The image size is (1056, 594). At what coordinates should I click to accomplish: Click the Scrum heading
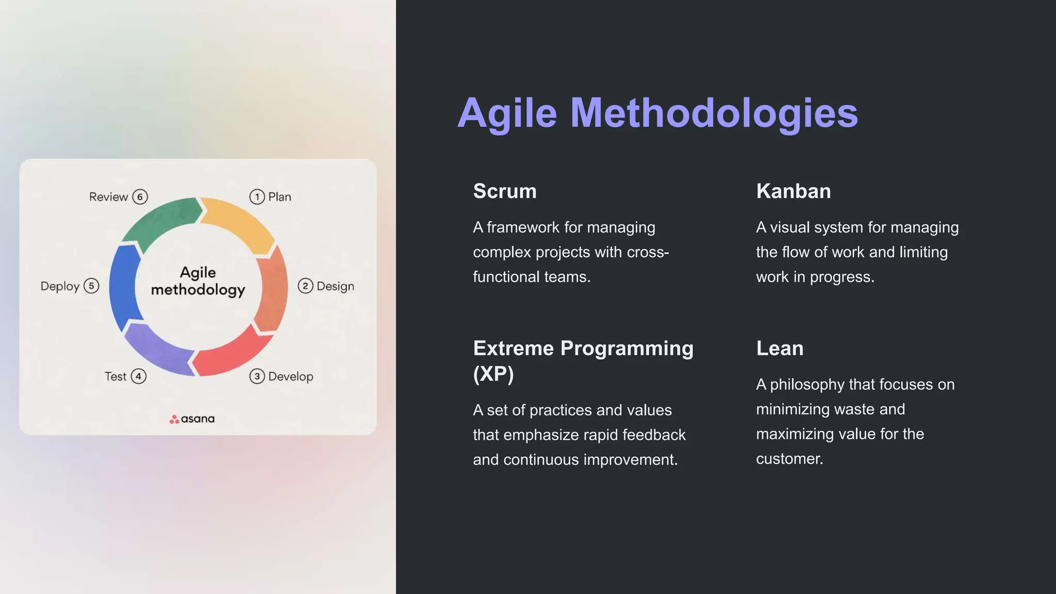(504, 191)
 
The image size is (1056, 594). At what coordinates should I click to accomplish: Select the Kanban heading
(793, 191)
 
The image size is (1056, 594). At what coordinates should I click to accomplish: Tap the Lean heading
(779, 349)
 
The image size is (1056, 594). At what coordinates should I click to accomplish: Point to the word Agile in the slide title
(507, 113)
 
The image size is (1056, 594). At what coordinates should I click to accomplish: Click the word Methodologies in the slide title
(714, 113)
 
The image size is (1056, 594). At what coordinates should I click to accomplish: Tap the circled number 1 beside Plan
(257, 197)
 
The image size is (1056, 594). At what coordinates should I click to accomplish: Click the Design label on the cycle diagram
(335, 286)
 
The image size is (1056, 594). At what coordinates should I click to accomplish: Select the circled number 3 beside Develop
(257, 376)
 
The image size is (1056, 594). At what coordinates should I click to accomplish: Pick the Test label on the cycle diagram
(115, 377)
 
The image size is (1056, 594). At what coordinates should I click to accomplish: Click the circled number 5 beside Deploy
(91, 286)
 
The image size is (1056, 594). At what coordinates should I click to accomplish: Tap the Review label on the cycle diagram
(108, 197)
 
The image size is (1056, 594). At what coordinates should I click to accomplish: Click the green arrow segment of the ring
(160, 220)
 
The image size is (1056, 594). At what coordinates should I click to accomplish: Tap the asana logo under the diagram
(192, 419)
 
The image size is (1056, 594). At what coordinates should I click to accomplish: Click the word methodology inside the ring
(198, 290)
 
